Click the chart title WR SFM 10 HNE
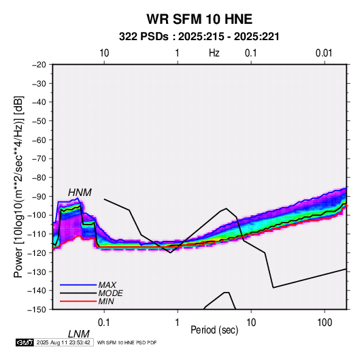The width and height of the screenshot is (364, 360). (x=199, y=19)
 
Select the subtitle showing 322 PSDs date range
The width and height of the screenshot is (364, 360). (x=199, y=37)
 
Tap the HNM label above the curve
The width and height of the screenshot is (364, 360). (x=80, y=193)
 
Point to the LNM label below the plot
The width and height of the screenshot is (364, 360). (x=78, y=334)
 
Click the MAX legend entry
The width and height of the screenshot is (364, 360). (x=107, y=284)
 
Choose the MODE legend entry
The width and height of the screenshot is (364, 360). (x=110, y=293)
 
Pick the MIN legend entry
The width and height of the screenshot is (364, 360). (x=106, y=301)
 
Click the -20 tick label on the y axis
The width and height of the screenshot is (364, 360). (x=39, y=65)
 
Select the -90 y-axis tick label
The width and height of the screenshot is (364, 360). (x=39, y=197)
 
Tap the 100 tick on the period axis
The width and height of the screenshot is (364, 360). (x=325, y=323)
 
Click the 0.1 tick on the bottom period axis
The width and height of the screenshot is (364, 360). (x=104, y=323)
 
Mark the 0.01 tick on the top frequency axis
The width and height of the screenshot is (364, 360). (x=324, y=53)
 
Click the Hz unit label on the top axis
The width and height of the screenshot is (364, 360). (x=214, y=53)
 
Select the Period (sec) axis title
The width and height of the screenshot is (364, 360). (x=214, y=330)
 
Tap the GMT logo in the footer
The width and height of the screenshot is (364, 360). (x=25, y=342)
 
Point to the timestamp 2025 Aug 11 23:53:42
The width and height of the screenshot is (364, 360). (x=63, y=342)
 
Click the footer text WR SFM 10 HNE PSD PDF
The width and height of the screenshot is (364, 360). (x=127, y=342)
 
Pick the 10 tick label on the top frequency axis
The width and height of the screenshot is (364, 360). (x=104, y=53)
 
